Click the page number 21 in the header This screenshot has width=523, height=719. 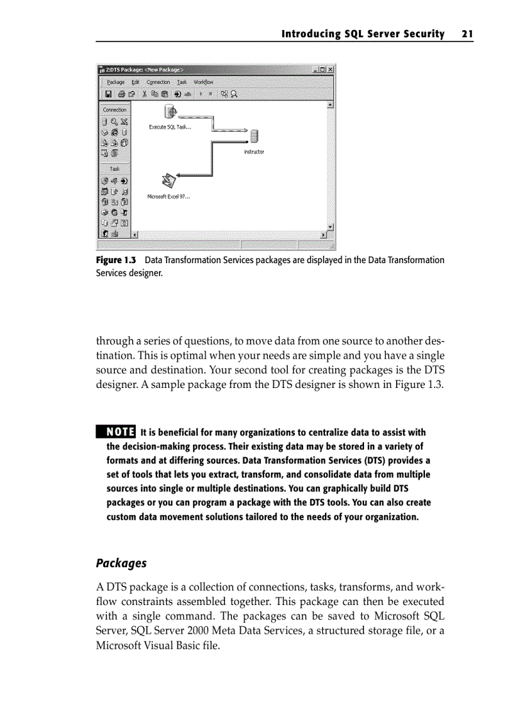tap(466, 34)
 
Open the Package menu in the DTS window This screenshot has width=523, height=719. tap(115, 82)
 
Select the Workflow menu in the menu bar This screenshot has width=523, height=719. tap(204, 82)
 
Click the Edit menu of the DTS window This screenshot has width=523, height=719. tap(135, 82)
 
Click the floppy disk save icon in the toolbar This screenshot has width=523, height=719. tap(108, 94)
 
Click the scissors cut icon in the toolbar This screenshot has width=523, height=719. tap(145, 94)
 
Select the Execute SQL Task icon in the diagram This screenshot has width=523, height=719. tap(170, 111)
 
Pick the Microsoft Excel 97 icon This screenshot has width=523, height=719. tap(168, 181)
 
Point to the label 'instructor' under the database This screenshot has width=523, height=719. tap(254, 152)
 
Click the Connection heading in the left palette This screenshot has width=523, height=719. tap(115, 109)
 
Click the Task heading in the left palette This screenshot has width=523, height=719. tap(115, 169)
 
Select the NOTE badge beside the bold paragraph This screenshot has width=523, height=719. tap(115, 432)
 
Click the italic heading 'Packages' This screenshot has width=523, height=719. tap(121, 563)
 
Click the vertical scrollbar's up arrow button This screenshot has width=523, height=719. tap(331, 105)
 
